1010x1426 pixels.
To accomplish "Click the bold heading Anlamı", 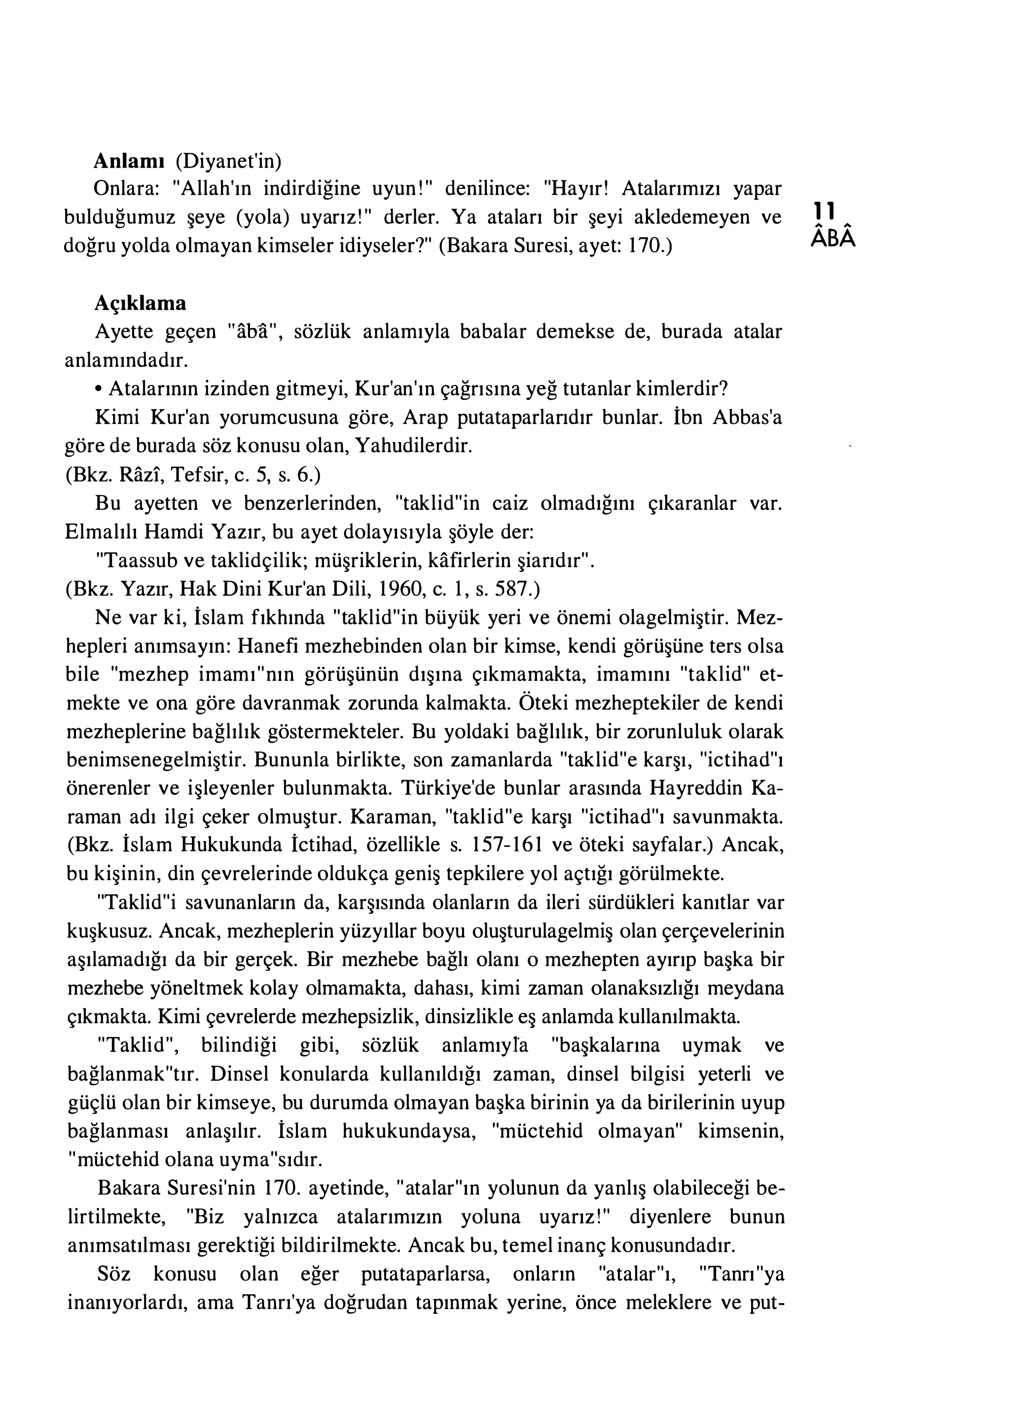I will (x=129, y=161).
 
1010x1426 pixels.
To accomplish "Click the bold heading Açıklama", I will (x=140, y=303).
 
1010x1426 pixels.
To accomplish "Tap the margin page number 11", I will (x=827, y=211).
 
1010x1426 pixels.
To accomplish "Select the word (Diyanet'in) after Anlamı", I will (x=228, y=161).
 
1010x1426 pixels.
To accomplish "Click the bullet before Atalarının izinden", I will (x=99, y=390).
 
